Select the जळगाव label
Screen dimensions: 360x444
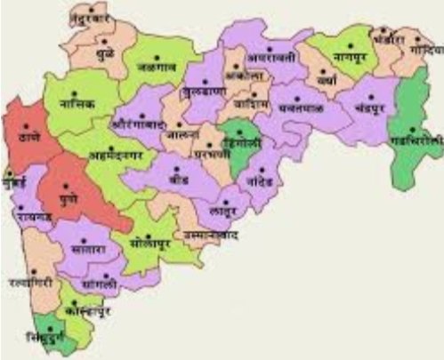157,66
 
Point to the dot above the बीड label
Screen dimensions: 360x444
177,169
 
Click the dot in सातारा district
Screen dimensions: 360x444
87,237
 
